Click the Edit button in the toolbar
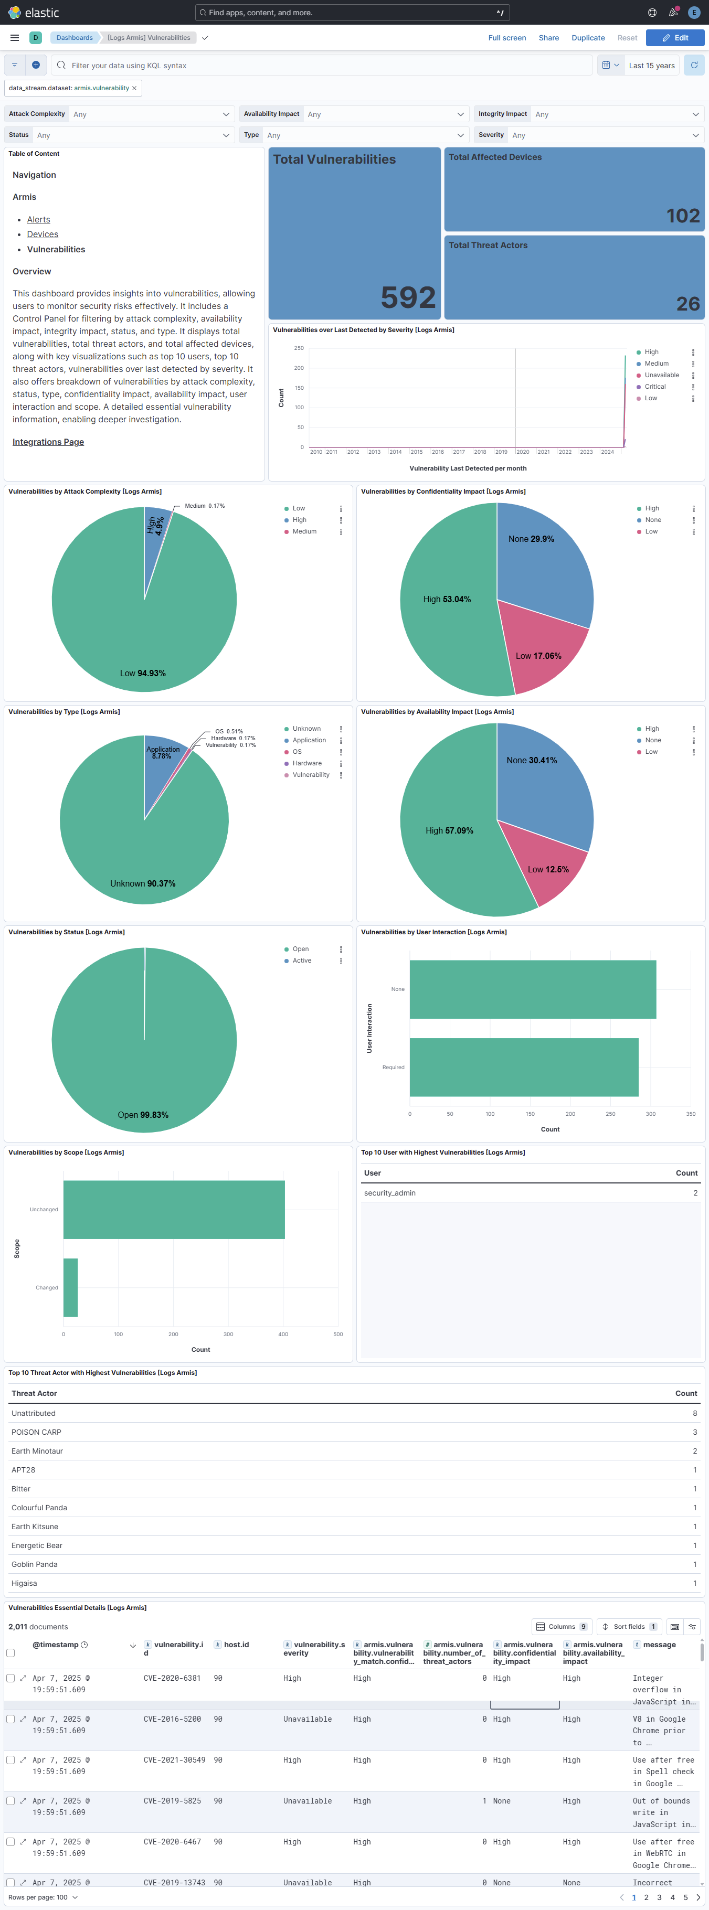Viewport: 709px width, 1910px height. [x=674, y=38]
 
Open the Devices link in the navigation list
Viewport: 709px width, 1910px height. [x=43, y=234]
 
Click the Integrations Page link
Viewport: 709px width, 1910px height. [x=48, y=442]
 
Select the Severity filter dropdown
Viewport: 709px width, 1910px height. [x=605, y=135]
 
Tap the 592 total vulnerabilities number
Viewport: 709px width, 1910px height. [x=408, y=297]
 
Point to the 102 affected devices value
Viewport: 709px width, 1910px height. [x=682, y=216]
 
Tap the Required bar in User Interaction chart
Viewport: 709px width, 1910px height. [x=524, y=1067]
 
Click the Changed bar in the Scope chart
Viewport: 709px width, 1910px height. [x=70, y=1287]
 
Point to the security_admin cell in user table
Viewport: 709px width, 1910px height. [x=390, y=1193]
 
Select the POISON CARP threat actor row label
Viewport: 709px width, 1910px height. [x=36, y=1433]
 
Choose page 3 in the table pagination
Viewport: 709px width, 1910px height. [x=659, y=1897]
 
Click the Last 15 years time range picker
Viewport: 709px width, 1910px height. [x=651, y=65]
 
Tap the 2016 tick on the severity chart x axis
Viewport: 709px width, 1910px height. [x=438, y=452]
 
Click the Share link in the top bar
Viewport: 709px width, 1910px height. [x=549, y=38]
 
